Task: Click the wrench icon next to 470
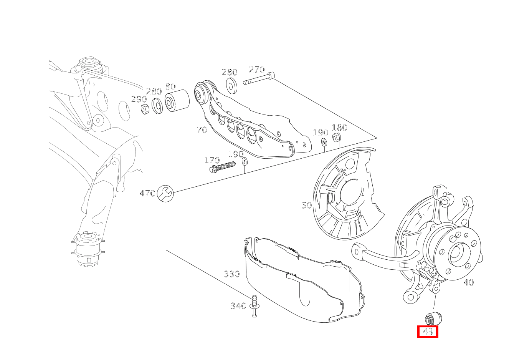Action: click(x=165, y=194)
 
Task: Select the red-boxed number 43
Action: click(x=428, y=332)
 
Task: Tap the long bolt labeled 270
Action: click(x=259, y=78)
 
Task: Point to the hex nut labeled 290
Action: click(x=145, y=109)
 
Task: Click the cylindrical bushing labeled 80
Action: click(x=177, y=101)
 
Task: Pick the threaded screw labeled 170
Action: click(x=222, y=167)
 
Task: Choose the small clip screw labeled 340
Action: click(x=255, y=306)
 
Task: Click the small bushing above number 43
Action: click(x=433, y=319)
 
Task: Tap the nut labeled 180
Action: click(x=337, y=137)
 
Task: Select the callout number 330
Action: click(x=232, y=274)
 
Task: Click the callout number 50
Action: click(x=307, y=205)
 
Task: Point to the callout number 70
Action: click(x=202, y=130)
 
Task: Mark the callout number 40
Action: click(x=469, y=282)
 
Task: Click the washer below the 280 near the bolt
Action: click(x=232, y=86)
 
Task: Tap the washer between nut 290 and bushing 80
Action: click(x=157, y=106)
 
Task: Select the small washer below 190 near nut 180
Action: click(x=324, y=142)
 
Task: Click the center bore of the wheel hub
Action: click(x=457, y=254)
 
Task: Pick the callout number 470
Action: click(x=147, y=194)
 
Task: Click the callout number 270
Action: click(x=257, y=70)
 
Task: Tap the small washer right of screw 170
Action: click(x=245, y=161)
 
